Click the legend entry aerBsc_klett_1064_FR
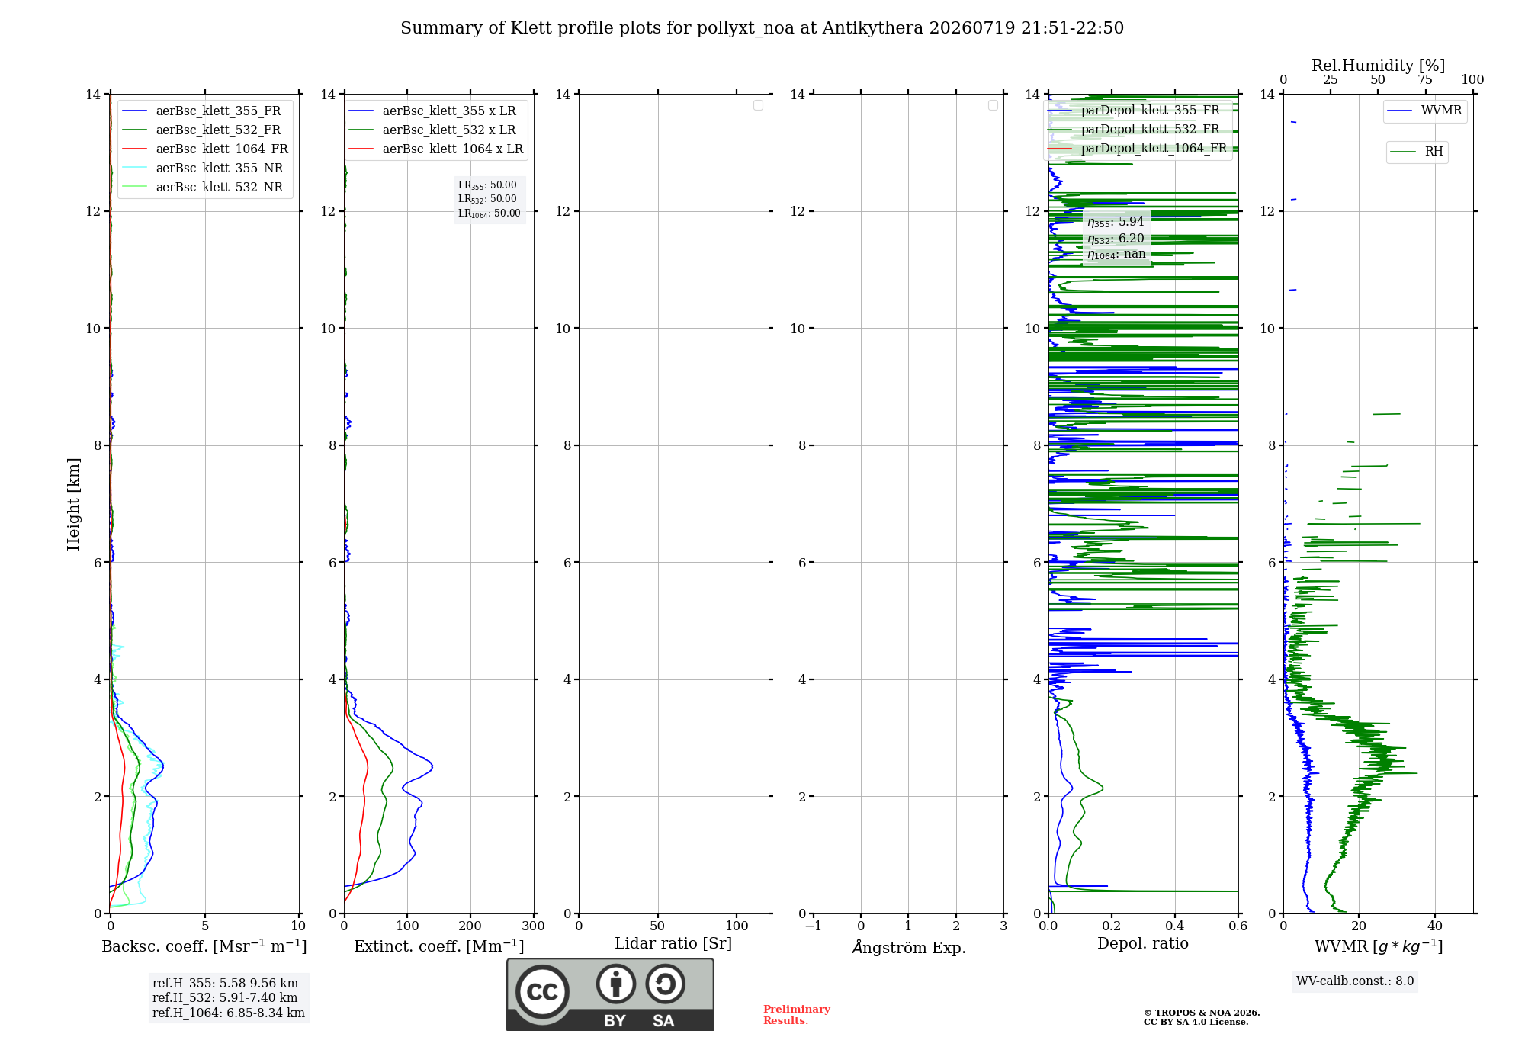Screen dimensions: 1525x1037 (x=205, y=149)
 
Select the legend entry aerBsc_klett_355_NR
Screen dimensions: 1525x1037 (x=203, y=168)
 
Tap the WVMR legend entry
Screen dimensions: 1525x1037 (x=1424, y=111)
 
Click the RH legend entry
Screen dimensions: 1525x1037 (x=1417, y=151)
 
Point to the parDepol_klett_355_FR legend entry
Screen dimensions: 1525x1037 (x=1134, y=110)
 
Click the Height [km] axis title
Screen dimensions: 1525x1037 (x=73, y=504)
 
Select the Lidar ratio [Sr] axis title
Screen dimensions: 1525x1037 (x=673, y=943)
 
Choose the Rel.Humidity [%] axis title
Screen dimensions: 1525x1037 (x=1378, y=66)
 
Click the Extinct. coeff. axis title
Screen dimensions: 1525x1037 (x=439, y=945)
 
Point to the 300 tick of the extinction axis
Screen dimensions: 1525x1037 (x=533, y=926)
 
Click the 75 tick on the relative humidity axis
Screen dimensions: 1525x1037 (x=1424, y=79)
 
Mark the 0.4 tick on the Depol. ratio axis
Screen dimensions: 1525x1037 (x=1175, y=926)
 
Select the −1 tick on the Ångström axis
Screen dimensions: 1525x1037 (x=814, y=926)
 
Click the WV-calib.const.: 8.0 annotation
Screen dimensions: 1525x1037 (x=1355, y=981)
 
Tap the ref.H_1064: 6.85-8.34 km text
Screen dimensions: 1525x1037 (x=229, y=1013)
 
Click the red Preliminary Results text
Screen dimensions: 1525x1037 (x=797, y=1014)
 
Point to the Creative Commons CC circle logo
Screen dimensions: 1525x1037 (x=542, y=991)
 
